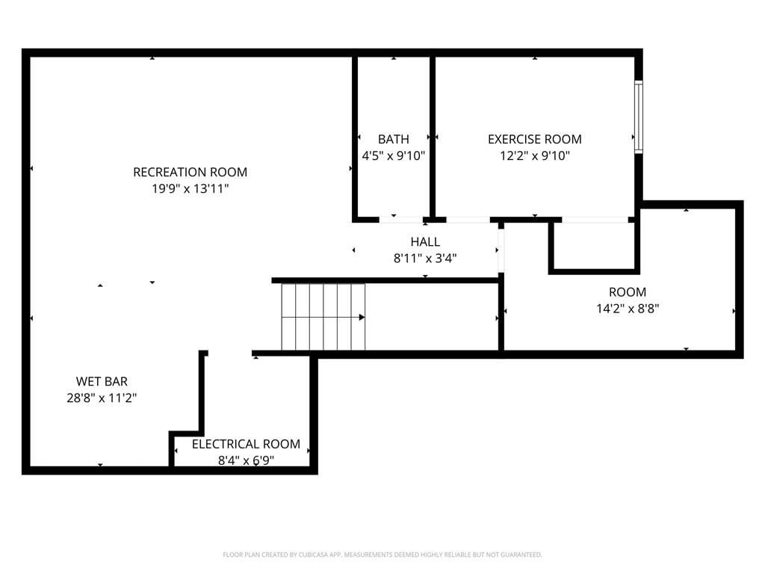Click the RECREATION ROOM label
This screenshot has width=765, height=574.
(x=191, y=173)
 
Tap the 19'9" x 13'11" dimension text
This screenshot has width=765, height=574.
(x=191, y=189)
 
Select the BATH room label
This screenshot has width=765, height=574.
(x=393, y=140)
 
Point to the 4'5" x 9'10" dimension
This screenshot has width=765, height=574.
(x=393, y=156)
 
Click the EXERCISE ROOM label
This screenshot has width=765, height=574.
(x=535, y=140)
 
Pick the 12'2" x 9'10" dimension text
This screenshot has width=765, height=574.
(x=535, y=156)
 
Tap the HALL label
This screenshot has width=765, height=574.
(x=425, y=242)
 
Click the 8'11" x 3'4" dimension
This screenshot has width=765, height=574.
(x=425, y=258)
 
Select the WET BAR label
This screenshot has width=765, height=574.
(x=102, y=382)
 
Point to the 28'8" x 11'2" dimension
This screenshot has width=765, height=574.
(x=102, y=398)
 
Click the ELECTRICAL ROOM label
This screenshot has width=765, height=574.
(x=246, y=444)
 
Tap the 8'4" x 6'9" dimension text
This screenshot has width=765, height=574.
(x=246, y=460)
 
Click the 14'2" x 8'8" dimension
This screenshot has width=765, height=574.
(x=628, y=309)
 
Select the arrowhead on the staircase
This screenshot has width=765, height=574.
(x=362, y=318)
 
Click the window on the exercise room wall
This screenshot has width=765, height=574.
(x=638, y=117)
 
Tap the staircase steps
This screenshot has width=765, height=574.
(x=323, y=317)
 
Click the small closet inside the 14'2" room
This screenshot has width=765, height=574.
(x=594, y=245)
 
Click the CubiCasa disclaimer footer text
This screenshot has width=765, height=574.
(x=382, y=555)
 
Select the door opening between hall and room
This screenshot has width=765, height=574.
(x=501, y=250)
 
